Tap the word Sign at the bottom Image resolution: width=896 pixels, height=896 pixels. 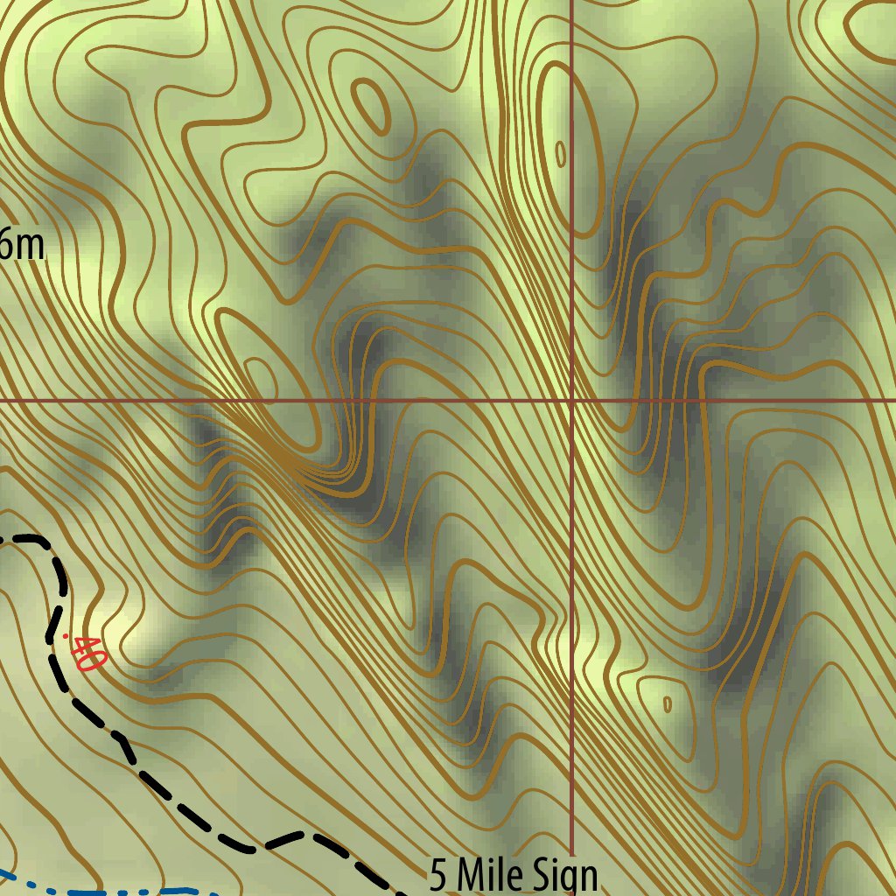tap(563, 876)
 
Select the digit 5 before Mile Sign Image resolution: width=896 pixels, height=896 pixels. tap(438, 876)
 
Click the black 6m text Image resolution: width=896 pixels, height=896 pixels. tap(19, 244)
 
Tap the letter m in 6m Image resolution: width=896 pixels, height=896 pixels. tap(29, 246)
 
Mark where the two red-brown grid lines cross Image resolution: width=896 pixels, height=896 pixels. tap(571, 401)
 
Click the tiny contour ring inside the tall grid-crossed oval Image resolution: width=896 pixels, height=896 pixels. tap(561, 154)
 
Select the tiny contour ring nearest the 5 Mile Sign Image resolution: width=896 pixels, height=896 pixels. tap(668, 703)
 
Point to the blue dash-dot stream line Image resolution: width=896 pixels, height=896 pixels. tap(105, 892)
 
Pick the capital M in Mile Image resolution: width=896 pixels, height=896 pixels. tap(468, 876)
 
